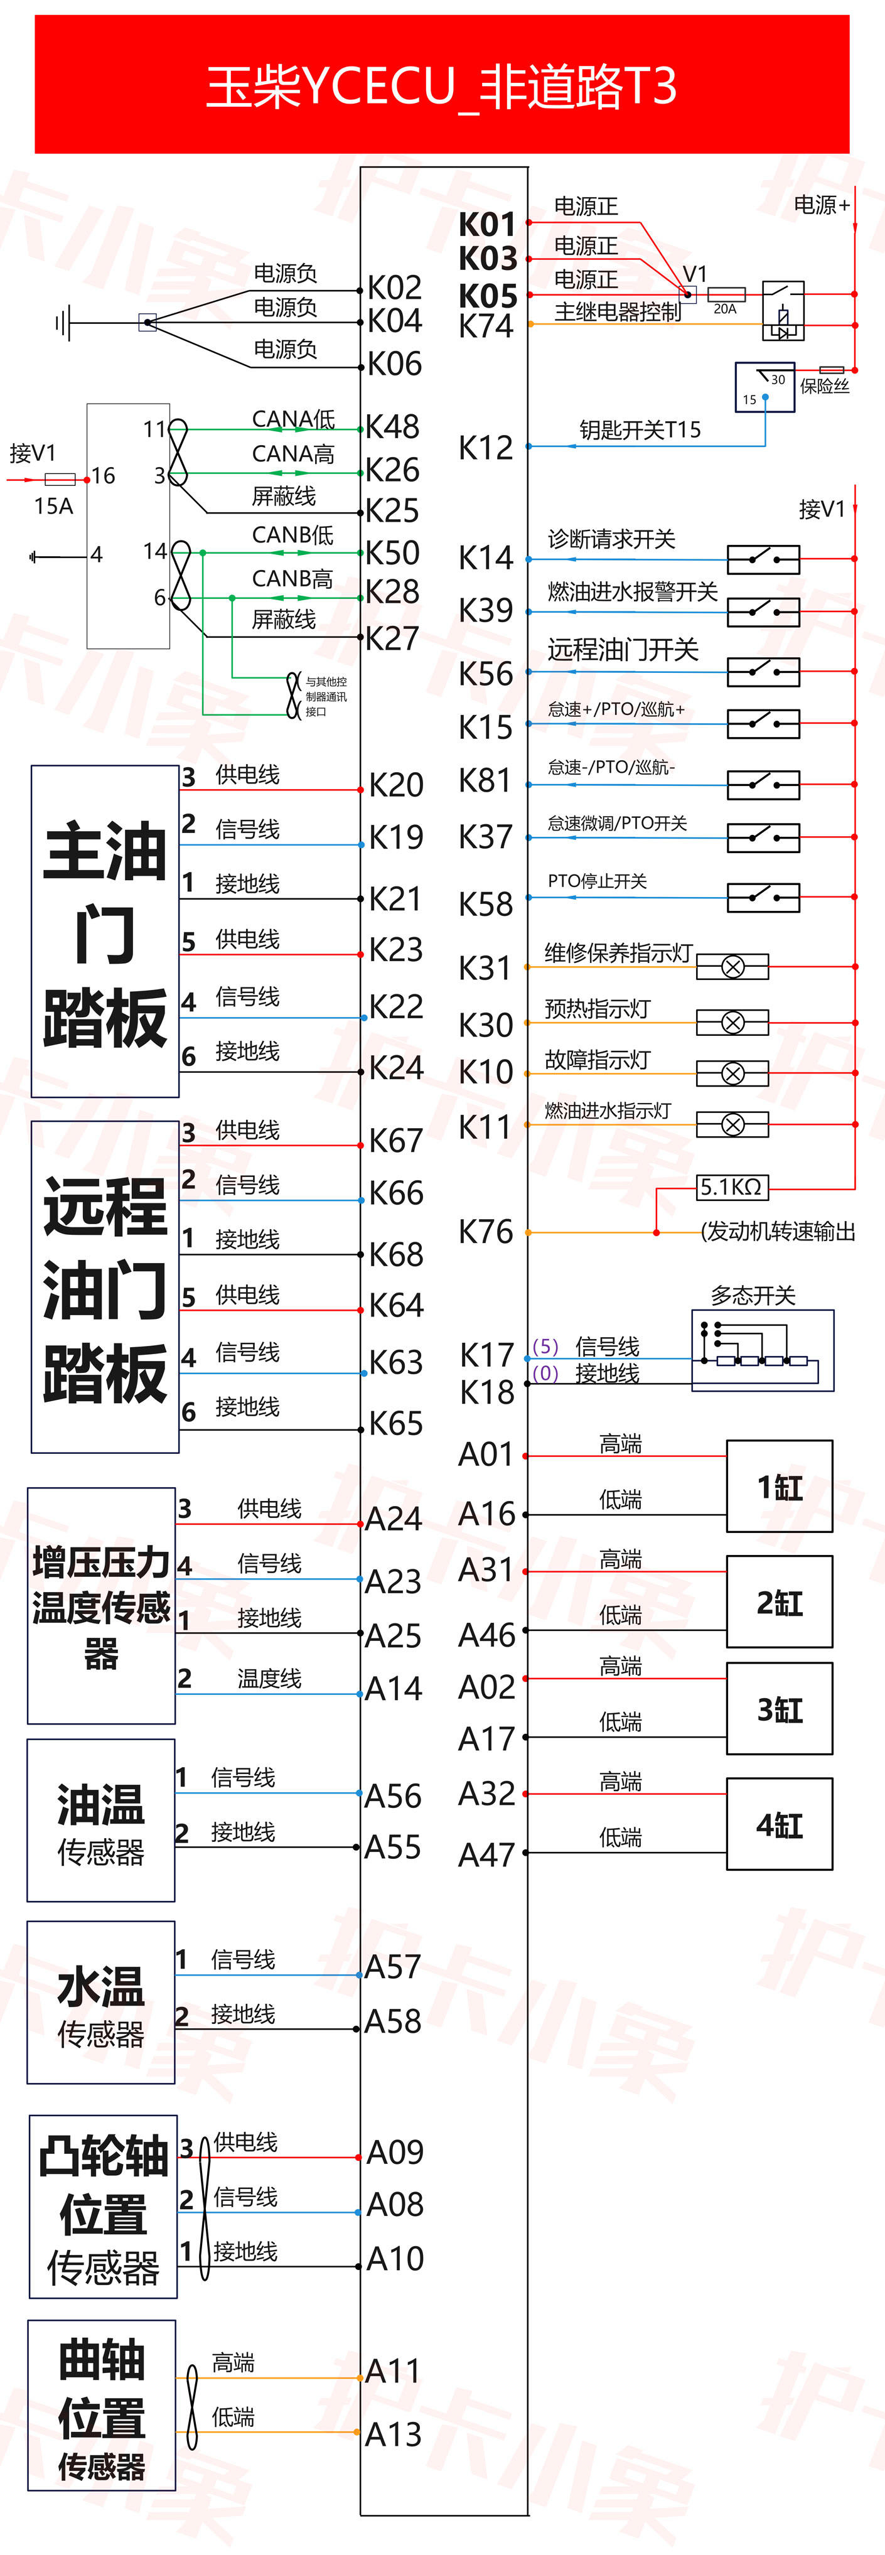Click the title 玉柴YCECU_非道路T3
[441, 86]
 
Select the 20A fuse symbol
[726, 294]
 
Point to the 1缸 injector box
[779, 1487]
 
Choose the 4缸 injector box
[779, 1825]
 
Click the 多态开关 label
[753, 1295]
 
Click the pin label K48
[393, 426]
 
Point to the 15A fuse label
[53, 507]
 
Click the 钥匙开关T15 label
[640, 429]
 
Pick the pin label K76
[486, 1232]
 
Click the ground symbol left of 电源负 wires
[63, 322]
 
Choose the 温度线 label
[269, 1678]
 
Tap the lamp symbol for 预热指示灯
[732, 1021]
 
